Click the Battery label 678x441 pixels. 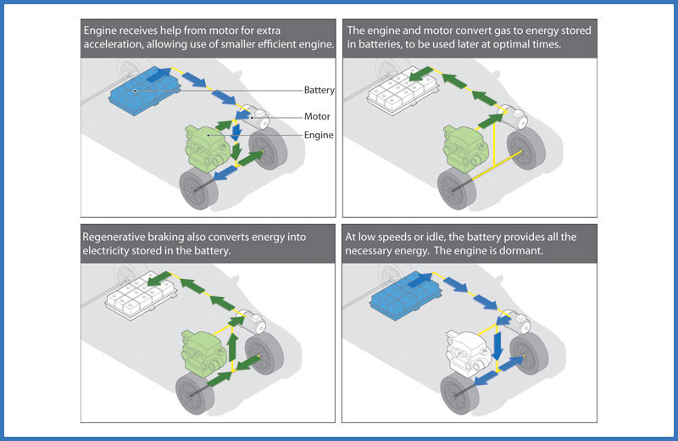point(320,90)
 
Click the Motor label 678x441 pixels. point(316,117)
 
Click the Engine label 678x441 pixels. point(319,135)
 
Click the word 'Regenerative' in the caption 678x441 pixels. point(121,237)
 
